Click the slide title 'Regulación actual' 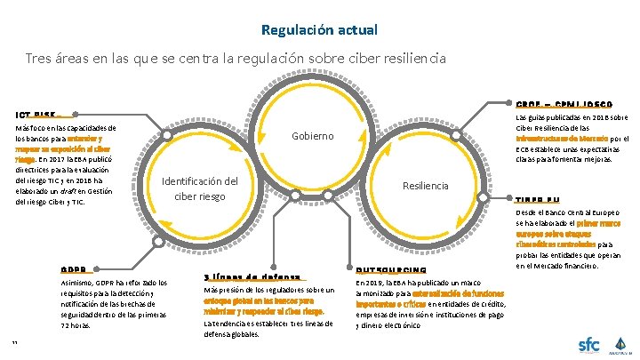tap(319, 29)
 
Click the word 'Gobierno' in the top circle tap(313, 136)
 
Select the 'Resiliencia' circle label tap(426, 186)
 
